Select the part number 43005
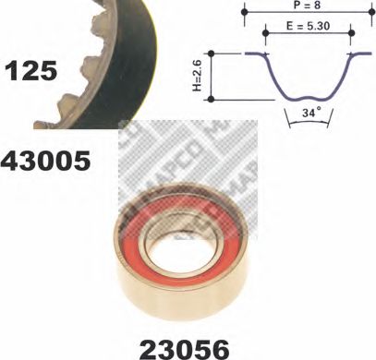(x=47, y=161)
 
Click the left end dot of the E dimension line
(x=266, y=34)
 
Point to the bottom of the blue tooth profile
(x=306, y=94)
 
